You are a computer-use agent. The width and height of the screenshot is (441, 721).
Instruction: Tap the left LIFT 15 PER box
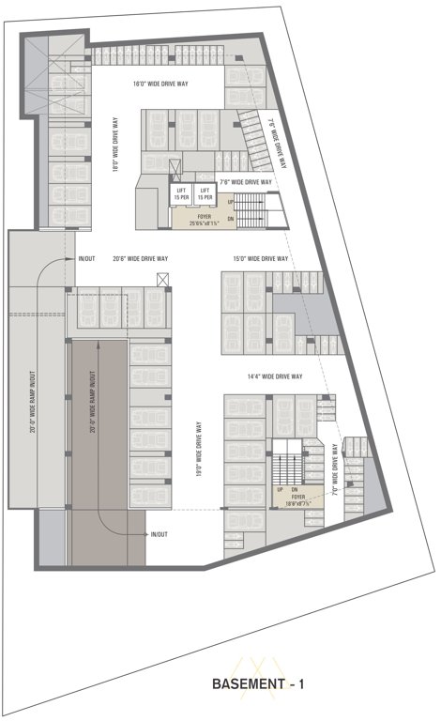point(182,193)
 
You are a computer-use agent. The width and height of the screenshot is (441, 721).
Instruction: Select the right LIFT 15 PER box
point(205,193)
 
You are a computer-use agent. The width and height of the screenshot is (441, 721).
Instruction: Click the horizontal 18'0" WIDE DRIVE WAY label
point(160,84)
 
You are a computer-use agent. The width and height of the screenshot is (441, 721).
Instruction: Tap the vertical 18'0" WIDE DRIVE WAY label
point(115,145)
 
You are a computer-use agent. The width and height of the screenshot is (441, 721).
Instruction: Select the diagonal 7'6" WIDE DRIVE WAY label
point(274,141)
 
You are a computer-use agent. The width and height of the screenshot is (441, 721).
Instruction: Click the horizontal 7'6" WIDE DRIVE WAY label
point(246,181)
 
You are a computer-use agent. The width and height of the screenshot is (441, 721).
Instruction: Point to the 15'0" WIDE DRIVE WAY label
point(261,258)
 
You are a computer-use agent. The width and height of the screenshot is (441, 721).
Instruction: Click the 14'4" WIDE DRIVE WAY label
point(274,376)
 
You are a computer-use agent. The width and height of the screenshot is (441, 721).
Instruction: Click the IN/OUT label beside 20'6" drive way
point(87,258)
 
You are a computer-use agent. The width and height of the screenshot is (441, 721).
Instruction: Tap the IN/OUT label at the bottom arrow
point(160,534)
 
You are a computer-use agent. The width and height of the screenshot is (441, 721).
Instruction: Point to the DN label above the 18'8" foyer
point(294,490)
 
